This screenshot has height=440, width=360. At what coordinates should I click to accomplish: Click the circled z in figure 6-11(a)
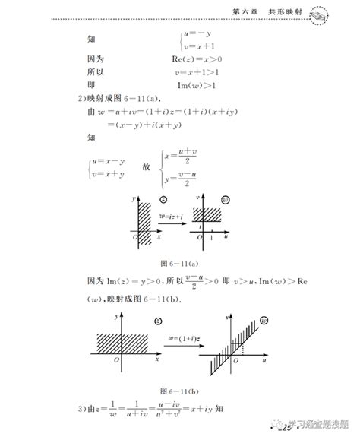tap(161, 199)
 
